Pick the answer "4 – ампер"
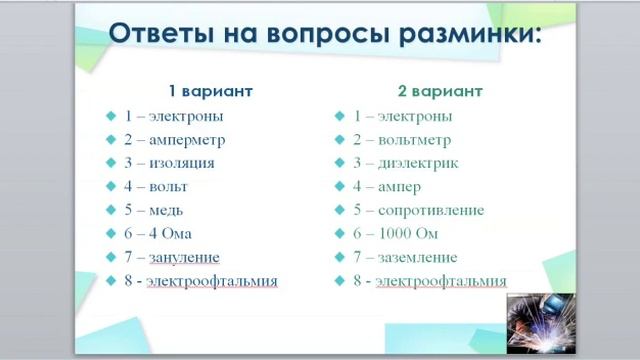[x=387, y=186]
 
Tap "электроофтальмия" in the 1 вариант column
[x=212, y=281]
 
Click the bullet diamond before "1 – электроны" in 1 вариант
[x=112, y=115]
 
